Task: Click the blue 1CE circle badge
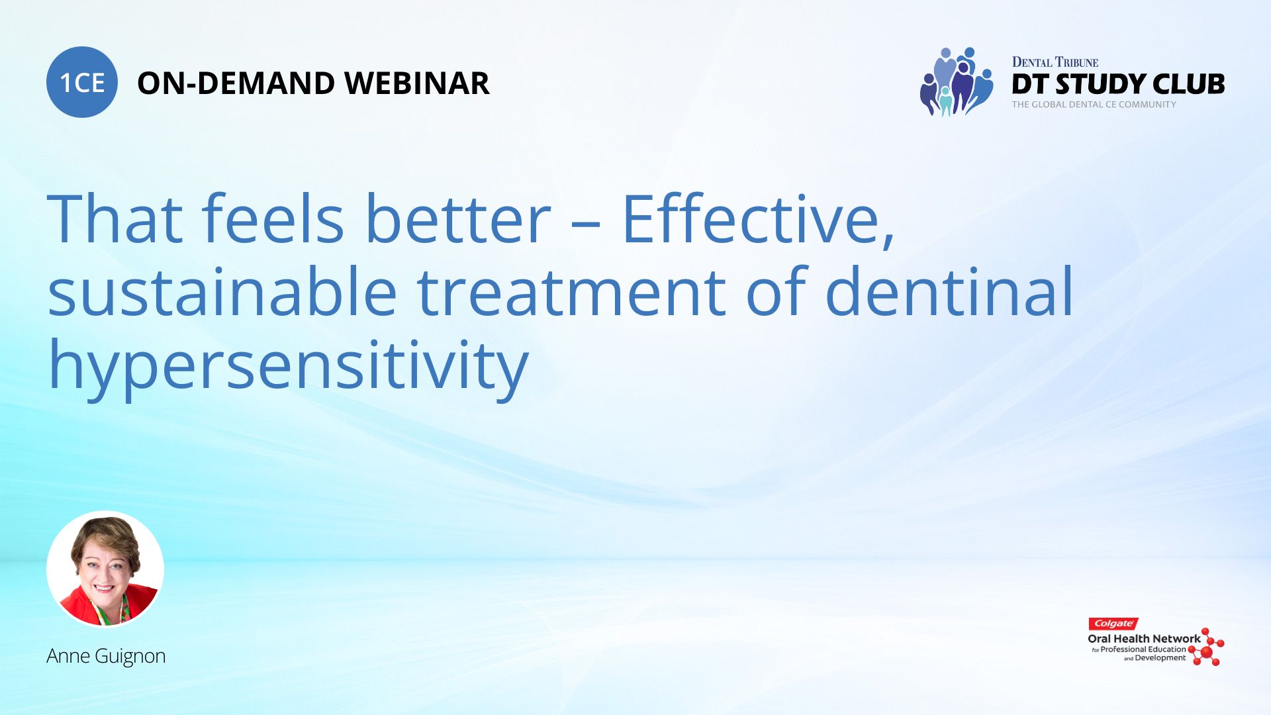(x=82, y=82)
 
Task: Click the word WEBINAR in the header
(x=417, y=83)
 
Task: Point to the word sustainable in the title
(x=222, y=291)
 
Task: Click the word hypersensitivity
(x=289, y=368)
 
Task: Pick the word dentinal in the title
(x=949, y=291)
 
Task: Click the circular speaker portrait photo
(x=105, y=569)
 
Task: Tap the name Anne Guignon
(x=106, y=656)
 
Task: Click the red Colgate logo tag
(x=1113, y=624)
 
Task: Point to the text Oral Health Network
(x=1144, y=639)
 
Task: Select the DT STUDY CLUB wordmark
(x=1118, y=84)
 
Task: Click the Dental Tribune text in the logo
(x=1055, y=62)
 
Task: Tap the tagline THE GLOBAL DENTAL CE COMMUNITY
(x=1094, y=105)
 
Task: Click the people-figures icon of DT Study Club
(x=957, y=81)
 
